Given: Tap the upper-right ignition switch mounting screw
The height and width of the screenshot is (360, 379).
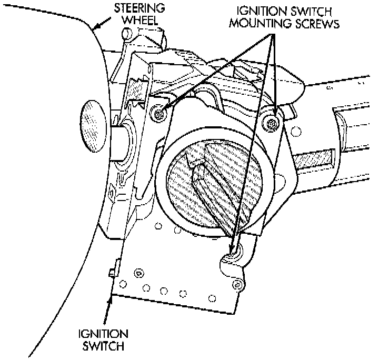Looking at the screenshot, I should [271, 123].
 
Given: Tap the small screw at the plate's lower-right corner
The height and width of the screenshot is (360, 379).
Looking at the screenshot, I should [239, 285].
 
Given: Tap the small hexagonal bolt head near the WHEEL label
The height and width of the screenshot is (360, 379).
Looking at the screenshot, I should [126, 34].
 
